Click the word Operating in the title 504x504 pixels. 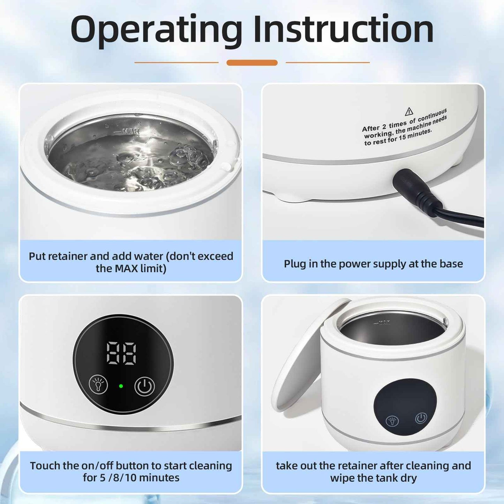coord(156,30)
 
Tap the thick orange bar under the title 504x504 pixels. coord(252,63)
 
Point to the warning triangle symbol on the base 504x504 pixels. coord(409,112)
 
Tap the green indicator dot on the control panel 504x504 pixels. coord(121,386)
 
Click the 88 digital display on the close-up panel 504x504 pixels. coord(121,353)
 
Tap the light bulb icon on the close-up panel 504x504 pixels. coord(98,385)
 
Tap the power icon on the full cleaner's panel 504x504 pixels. coord(421,418)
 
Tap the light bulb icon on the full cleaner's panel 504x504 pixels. coord(393,421)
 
